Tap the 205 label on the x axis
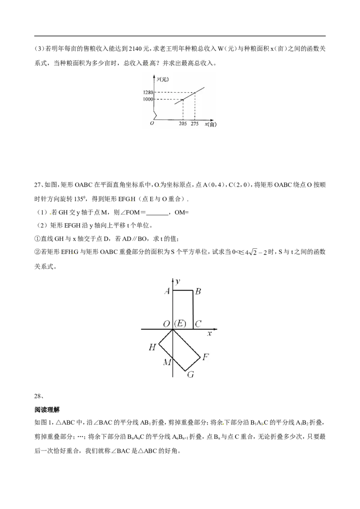(183, 124)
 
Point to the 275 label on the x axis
(194, 124)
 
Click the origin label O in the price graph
(152, 123)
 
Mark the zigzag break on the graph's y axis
(155, 116)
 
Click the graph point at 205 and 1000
(183, 99)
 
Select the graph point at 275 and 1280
(194, 93)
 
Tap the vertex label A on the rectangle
(167, 291)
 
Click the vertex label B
(198, 291)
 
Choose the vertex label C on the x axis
(198, 324)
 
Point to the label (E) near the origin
(180, 324)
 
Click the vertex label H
(153, 347)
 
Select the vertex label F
(206, 357)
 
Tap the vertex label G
(190, 375)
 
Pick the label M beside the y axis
(167, 362)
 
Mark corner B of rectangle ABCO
(193, 290)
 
